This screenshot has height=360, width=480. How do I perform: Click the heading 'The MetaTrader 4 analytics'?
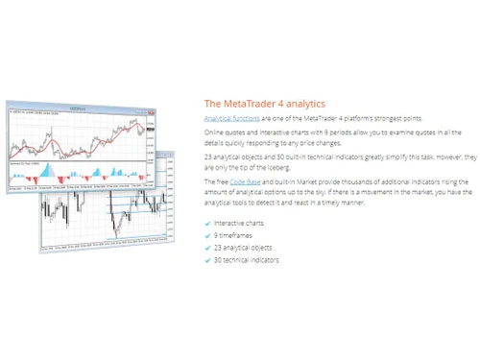tap(264, 104)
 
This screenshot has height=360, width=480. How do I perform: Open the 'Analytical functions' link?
tap(231, 118)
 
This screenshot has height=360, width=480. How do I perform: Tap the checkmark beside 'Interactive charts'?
tap(207, 223)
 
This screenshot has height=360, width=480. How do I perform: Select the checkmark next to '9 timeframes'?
tap(207, 235)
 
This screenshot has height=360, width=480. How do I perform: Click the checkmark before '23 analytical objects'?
tap(207, 248)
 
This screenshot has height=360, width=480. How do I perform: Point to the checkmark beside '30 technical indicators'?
tap(207, 260)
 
